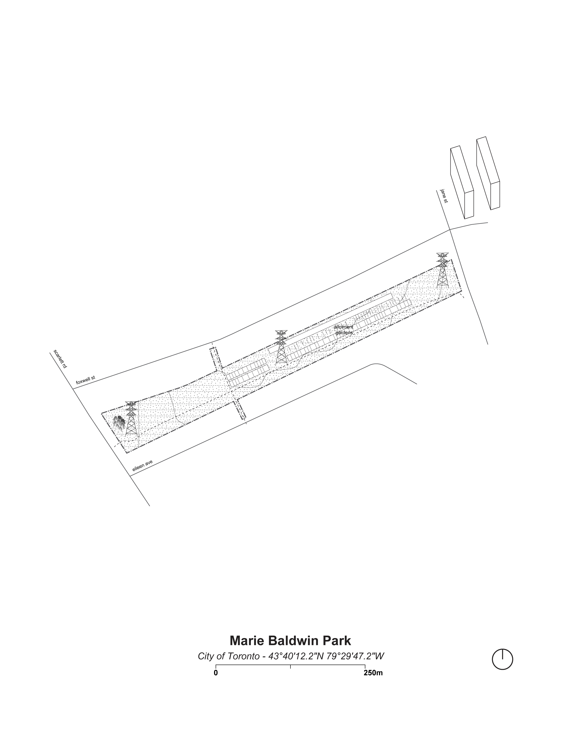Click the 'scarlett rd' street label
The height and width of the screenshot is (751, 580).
(60, 359)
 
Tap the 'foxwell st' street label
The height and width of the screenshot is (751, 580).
(86, 380)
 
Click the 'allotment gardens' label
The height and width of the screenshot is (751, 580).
(344, 330)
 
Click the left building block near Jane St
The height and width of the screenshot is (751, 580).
(462, 183)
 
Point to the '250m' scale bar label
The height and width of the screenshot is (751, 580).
(373, 672)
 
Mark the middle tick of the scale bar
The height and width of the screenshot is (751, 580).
(290, 666)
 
